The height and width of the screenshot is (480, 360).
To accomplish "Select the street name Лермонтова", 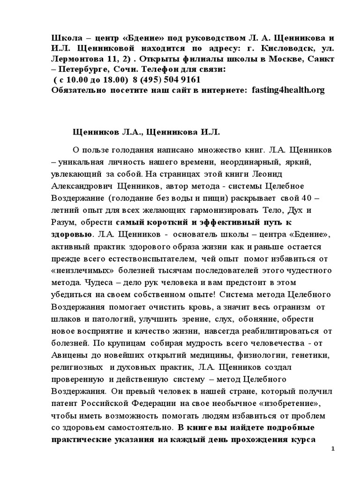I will tap(76, 59).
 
